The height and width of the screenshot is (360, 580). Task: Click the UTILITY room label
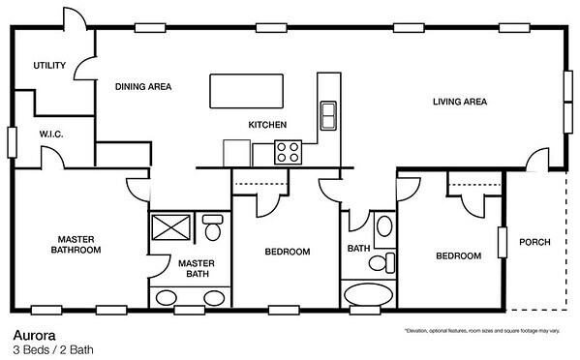[x=48, y=67]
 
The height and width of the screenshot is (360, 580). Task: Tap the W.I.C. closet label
[x=50, y=134]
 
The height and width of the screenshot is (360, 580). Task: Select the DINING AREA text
[x=143, y=87]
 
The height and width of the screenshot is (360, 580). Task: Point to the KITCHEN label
[x=267, y=125]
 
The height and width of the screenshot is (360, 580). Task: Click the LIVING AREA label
[x=458, y=101]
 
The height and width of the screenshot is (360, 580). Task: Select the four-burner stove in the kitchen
[x=289, y=152]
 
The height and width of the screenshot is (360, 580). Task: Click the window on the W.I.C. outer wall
[x=12, y=141]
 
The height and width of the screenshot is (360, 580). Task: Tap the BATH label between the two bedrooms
[x=359, y=249]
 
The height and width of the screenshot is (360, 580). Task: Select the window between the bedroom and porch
[x=504, y=241]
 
